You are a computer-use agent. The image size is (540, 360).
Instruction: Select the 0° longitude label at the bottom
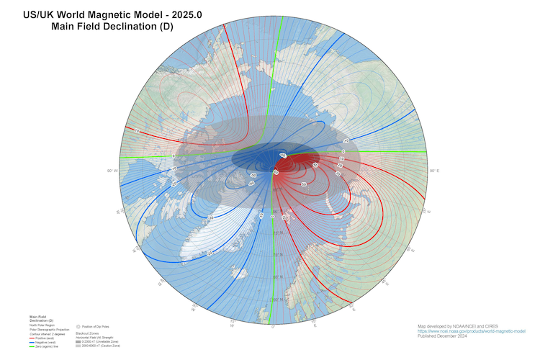pyautogui.click(x=273, y=326)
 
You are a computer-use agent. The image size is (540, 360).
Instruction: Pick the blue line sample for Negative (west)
pyautogui.click(x=31, y=343)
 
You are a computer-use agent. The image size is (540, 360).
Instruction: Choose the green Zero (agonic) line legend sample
pyautogui.click(x=31, y=347)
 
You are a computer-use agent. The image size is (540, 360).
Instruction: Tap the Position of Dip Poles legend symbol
pyautogui.click(x=78, y=327)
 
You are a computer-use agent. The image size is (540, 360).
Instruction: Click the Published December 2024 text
pyautogui.click(x=443, y=336)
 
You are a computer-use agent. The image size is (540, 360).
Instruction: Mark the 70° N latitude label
pyautogui.click(x=277, y=233)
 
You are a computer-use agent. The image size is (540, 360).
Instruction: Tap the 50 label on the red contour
pyautogui.click(x=304, y=185)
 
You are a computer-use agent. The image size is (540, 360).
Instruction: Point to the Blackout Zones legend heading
pyautogui.click(x=87, y=333)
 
